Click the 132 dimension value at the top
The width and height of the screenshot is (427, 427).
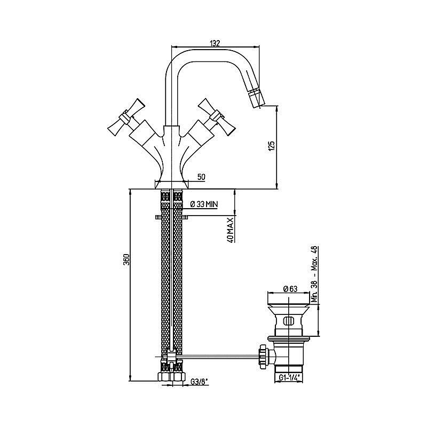click(x=215, y=43)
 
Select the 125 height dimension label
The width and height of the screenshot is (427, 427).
click(x=272, y=145)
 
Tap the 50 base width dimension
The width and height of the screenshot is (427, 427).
click(x=201, y=177)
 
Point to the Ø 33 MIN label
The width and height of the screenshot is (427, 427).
click(x=204, y=204)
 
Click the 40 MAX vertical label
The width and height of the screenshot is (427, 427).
click(x=231, y=230)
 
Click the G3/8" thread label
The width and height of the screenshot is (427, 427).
click(x=199, y=382)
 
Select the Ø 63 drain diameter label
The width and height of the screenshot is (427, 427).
click(x=290, y=289)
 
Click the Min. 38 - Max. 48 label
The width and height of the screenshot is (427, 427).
click(x=314, y=274)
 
